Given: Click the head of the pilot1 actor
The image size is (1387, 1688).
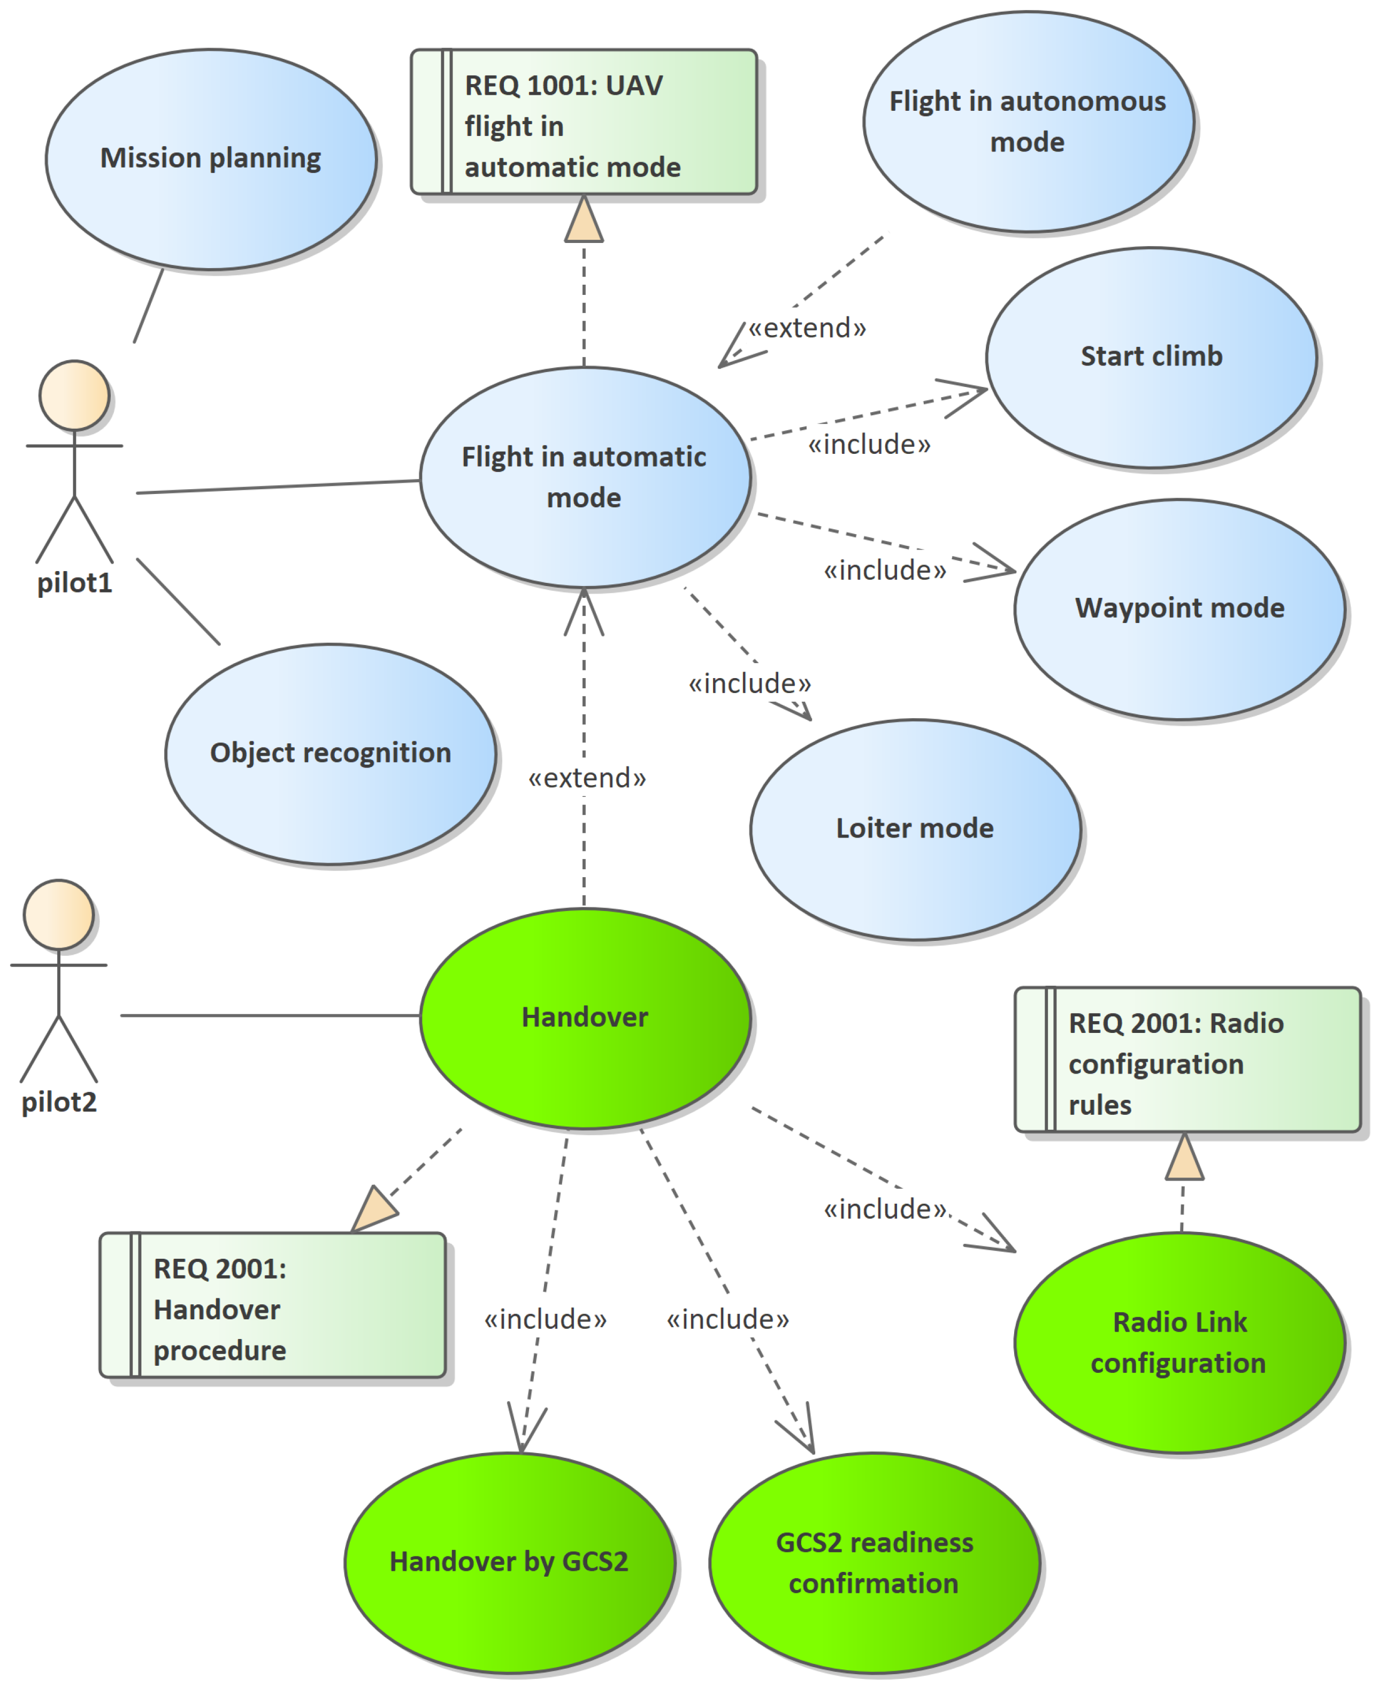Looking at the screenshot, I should pyautogui.click(x=74, y=396).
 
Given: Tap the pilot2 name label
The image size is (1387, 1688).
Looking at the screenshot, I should pyautogui.click(x=58, y=1102).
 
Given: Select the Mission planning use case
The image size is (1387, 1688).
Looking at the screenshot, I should pyautogui.click(x=211, y=159).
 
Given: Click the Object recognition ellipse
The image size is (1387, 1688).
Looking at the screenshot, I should pyautogui.click(x=330, y=754).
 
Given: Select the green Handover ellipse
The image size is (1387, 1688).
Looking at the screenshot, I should pyautogui.click(x=585, y=1017).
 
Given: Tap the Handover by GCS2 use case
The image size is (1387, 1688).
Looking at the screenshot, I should pyautogui.click(x=509, y=1561).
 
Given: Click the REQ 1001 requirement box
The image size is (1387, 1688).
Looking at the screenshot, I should pyautogui.click(x=583, y=122).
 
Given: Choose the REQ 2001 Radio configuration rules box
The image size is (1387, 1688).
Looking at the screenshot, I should pyautogui.click(x=1187, y=1060).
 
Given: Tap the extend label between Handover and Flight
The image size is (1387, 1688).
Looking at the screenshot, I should pyautogui.click(x=586, y=778).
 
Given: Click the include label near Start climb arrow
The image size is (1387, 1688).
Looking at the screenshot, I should pyautogui.click(x=869, y=444).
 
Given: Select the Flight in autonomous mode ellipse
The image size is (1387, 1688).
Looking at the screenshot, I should pyautogui.click(x=1028, y=122).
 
